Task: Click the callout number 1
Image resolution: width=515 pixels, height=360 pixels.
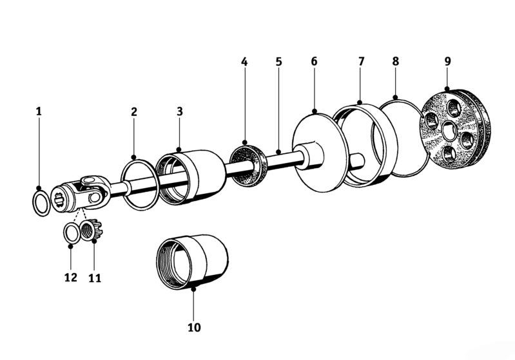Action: (x=39, y=111)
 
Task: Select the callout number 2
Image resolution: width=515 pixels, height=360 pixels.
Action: (x=134, y=111)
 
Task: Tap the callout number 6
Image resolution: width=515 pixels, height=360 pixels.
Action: (x=314, y=61)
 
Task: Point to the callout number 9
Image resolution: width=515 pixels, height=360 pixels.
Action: (x=447, y=61)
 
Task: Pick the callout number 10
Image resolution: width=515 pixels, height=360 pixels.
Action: (x=194, y=327)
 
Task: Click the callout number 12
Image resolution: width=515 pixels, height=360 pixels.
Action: (x=70, y=278)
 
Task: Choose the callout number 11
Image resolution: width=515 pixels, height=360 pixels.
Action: (x=95, y=278)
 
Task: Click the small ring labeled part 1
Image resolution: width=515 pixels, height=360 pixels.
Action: (x=39, y=204)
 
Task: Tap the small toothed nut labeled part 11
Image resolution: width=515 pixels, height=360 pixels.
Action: (x=92, y=231)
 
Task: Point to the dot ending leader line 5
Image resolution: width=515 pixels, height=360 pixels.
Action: (x=278, y=153)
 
